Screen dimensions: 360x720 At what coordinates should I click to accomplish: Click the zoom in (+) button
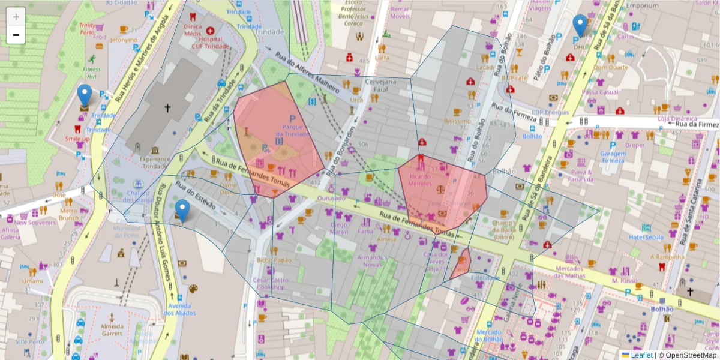(16, 17)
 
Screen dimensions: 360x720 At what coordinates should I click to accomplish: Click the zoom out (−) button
(16, 35)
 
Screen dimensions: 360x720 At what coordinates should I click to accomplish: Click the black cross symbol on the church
(167, 109)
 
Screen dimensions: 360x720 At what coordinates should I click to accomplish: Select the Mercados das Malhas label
(569, 271)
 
